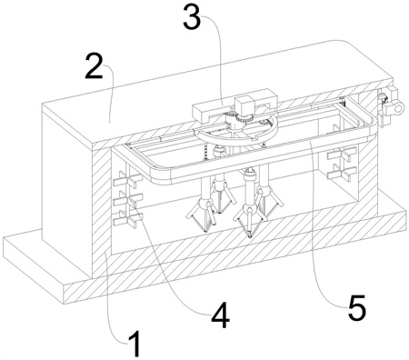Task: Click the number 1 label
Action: tap(135, 344)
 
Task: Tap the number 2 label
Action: tap(94, 66)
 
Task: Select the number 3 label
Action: tap(193, 16)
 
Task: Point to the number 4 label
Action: tap(221, 315)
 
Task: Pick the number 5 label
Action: tap(357, 308)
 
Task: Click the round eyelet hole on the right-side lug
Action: tap(400, 107)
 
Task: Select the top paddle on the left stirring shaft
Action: tap(127, 179)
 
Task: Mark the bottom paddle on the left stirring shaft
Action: tap(127, 219)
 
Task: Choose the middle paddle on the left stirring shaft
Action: tap(127, 199)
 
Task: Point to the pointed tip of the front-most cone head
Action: tap(249, 236)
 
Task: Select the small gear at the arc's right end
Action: tap(264, 123)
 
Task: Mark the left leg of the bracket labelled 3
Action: tap(200, 115)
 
